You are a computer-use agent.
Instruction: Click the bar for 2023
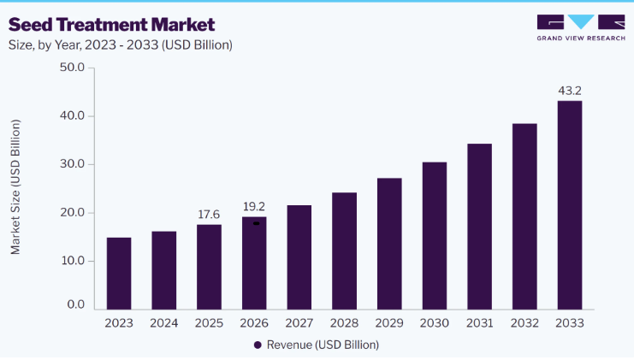(119, 274)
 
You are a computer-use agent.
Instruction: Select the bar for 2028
(345, 251)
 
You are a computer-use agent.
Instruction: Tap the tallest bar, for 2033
(570, 205)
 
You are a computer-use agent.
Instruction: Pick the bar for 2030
(435, 236)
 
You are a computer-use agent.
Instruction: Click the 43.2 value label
(570, 91)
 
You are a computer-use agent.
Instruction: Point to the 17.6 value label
(209, 214)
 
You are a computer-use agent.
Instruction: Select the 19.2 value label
(254, 206)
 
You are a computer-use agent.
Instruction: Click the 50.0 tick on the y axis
(73, 67)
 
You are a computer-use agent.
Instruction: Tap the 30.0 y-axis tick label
(73, 164)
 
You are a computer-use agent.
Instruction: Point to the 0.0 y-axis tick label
(76, 304)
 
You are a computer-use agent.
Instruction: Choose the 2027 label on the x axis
(299, 323)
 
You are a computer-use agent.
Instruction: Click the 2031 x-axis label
(479, 323)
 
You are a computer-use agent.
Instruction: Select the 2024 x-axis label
(164, 323)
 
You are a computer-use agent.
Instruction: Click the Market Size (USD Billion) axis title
(15, 186)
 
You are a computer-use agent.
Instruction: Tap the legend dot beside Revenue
(258, 345)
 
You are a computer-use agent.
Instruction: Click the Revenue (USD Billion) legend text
(323, 345)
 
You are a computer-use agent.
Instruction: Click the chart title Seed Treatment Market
(111, 25)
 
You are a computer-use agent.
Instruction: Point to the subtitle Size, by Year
(121, 44)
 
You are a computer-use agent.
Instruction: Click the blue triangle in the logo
(581, 22)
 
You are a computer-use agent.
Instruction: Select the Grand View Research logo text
(581, 38)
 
